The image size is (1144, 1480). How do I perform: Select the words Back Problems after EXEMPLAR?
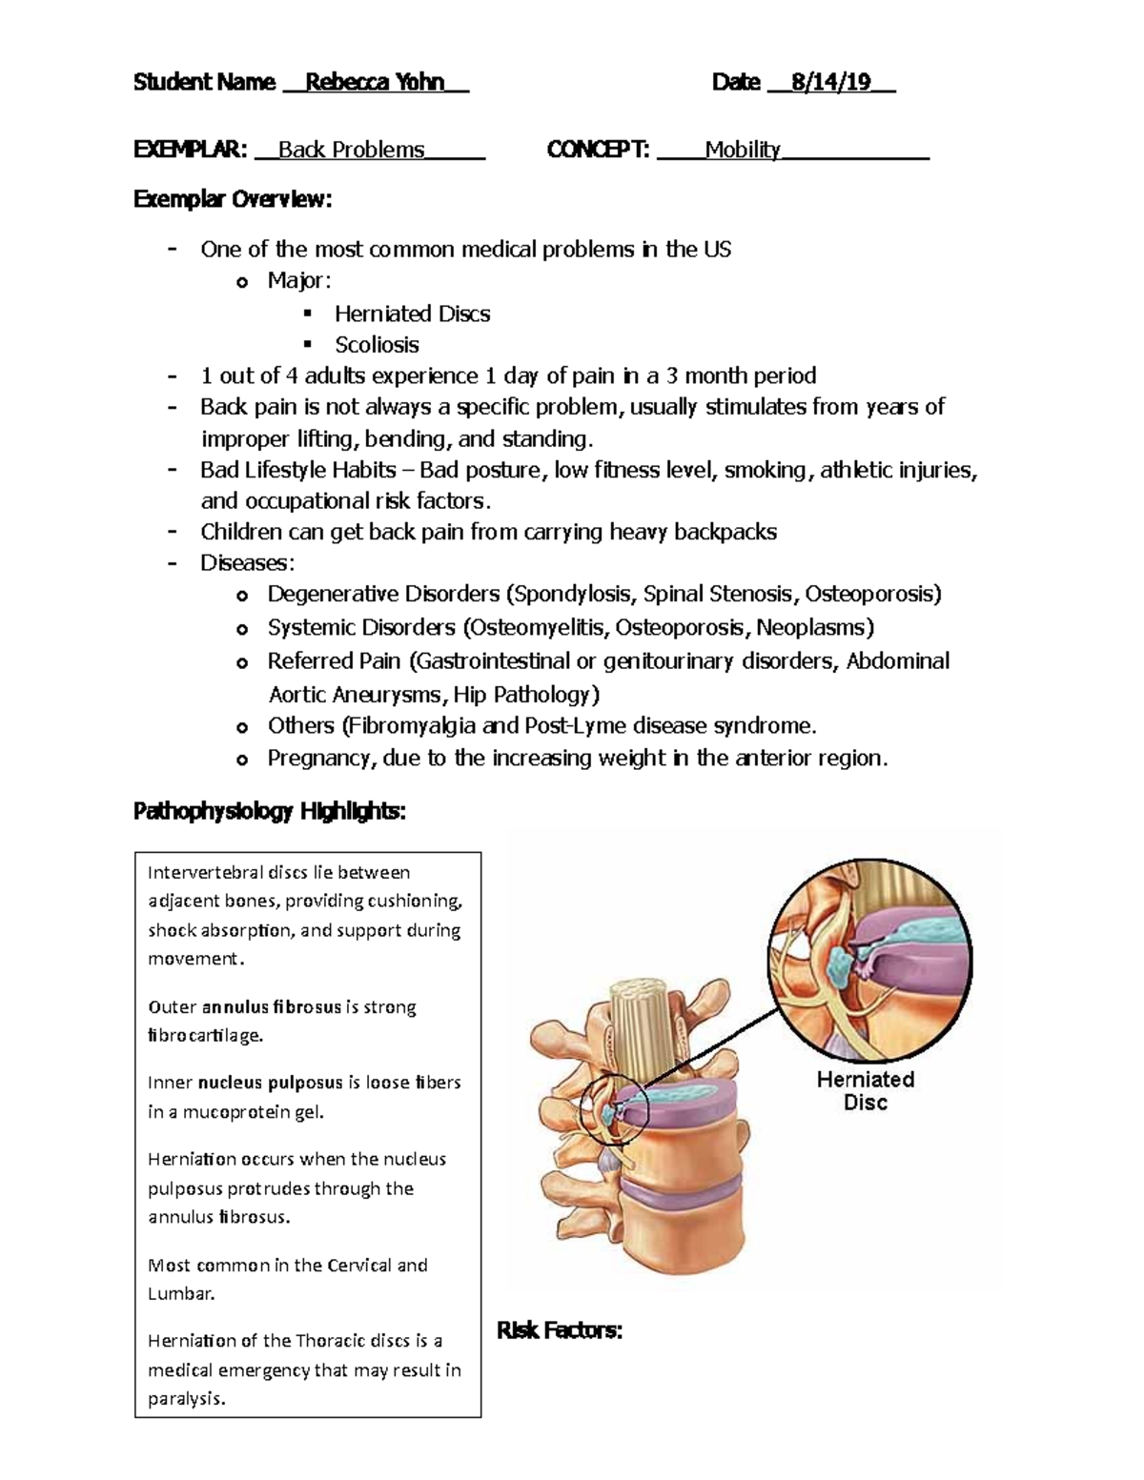pyautogui.click(x=351, y=150)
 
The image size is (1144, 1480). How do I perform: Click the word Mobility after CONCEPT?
pyautogui.click(x=743, y=150)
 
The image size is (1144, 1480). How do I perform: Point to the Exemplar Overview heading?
pyautogui.click(x=233, y=199)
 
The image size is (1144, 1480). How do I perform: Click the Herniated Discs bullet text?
pyautogui.click(x=412, y=314)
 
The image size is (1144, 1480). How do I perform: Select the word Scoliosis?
pyautogui.click(x=377, y=344)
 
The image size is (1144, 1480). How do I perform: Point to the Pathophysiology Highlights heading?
pyautogui.click(x=269, y=811)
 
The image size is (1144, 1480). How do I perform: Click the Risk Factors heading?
pyautogui.click(x=560, y=1329)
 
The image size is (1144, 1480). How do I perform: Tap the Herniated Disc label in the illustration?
pyautogui.click(x=865, y=1090)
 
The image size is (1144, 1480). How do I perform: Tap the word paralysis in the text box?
pyautogui.click(x=187, y=1399)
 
